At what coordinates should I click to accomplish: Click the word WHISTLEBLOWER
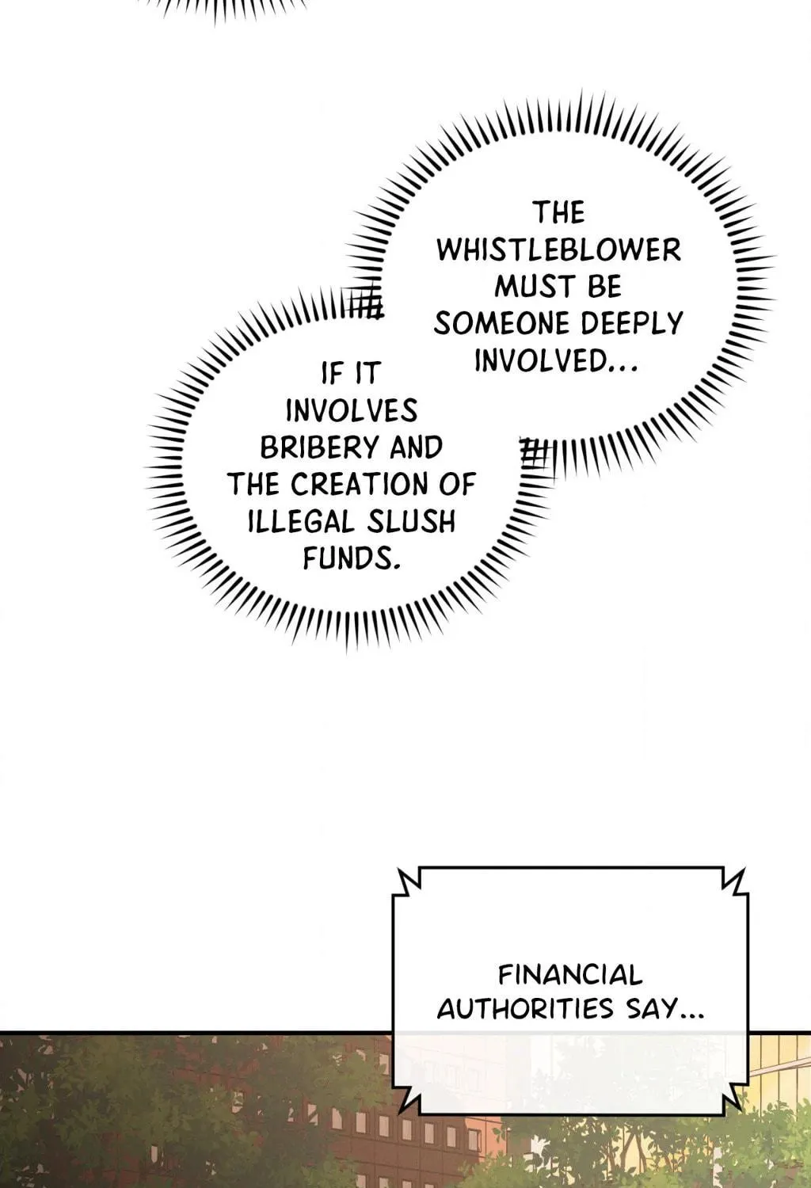pos(559,249)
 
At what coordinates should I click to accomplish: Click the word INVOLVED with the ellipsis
pos(554,361)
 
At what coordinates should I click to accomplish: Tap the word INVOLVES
pos(352,410)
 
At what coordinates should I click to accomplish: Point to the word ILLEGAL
pos(301,521)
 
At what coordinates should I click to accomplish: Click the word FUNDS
pos(351,558)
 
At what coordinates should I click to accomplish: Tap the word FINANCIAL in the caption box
pos(570,975)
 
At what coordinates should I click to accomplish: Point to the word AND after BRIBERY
pos(416,447)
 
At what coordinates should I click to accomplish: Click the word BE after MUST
pos(603,287)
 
